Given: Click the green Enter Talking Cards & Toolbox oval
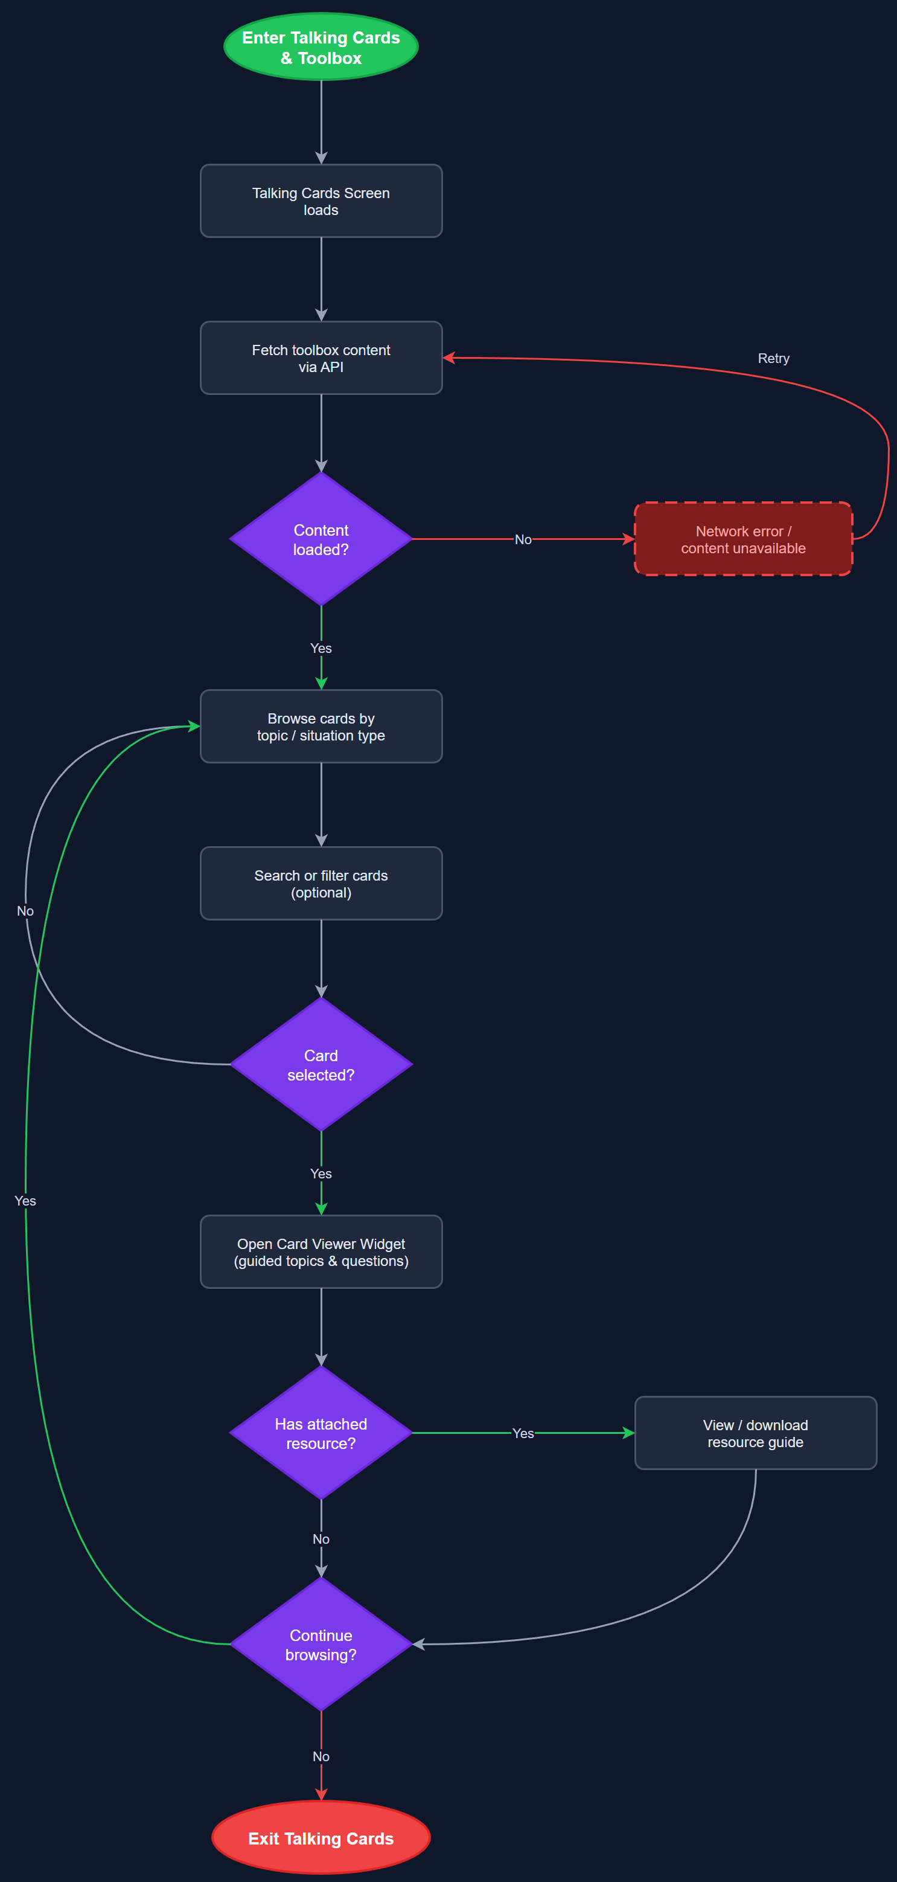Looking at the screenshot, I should point(321,47).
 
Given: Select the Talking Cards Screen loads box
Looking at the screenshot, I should point(321,201).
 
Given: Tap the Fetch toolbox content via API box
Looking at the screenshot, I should point(321,358).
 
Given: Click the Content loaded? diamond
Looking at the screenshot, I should point(321,539).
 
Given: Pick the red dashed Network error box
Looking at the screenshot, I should point(743,539).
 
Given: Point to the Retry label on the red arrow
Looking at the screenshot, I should point(773,358).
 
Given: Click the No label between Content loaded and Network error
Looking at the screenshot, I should point(523,539).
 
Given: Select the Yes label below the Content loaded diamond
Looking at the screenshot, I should point(321,648).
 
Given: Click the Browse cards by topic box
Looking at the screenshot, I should point(321,726).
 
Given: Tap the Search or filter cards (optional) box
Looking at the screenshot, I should point(321,883).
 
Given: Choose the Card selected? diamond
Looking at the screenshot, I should point(321,1064).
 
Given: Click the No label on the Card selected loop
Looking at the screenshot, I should point(25,911).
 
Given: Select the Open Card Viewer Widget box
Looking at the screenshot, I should point(321,1251).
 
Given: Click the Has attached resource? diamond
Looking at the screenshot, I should point(321,1433).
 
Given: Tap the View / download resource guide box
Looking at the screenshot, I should point(755,1433).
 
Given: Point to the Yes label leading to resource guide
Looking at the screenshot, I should point(523,1433).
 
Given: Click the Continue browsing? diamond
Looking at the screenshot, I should point(321,1644).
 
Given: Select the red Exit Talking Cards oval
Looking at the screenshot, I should point(321,1838).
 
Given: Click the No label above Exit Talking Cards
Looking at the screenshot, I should point(321,1756).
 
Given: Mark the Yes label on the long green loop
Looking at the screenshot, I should point(25,1200).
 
